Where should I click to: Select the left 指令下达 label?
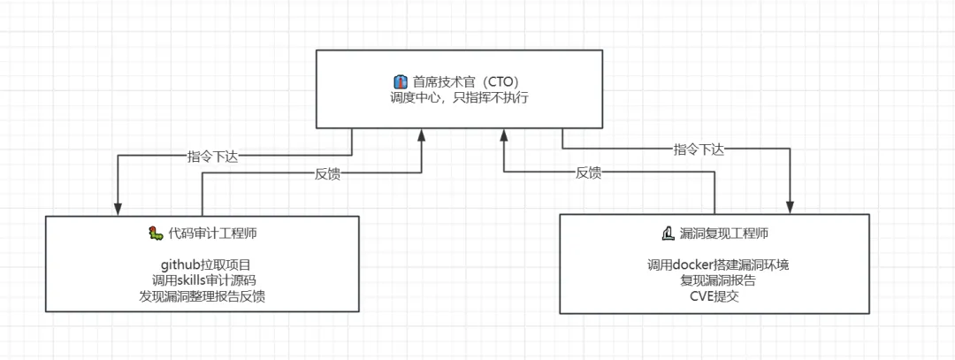click(x=213, y=156)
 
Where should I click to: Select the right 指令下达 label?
click(x=699, y=149)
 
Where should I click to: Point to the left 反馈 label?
click(x=328, y=173)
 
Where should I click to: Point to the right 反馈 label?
click(x=588, y=173)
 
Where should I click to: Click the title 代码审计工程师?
click(x=212, y=234)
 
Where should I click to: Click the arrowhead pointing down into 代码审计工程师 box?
click(x=118, y=209)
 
